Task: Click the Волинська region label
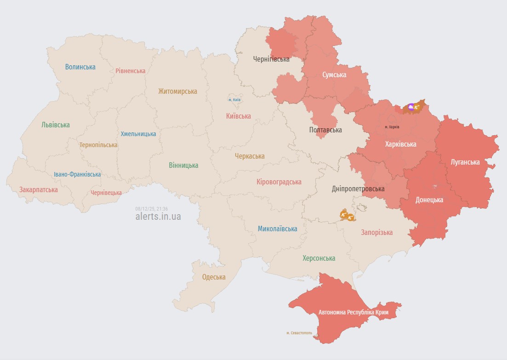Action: tap(80, 67)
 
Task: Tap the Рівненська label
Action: tap(131, 71)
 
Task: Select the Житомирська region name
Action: tap(177, 91)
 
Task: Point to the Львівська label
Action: tap(56, 125)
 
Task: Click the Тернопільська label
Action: tap(98, 145)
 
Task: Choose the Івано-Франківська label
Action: tap(77, 175)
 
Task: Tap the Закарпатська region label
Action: tap(39, 189)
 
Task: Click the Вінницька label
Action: tap(183, 166)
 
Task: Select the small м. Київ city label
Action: tap(234, 100)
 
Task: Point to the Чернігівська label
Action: tap(271, 59)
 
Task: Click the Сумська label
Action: tap(334, 75)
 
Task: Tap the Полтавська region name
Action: tap(325, 130)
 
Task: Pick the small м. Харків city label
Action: tap(392, 127)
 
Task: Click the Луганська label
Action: tap(465, 162)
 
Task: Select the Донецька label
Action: tap(429, 200)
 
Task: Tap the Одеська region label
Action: tap(214, 277)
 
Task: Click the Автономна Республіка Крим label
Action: tap(353, 313)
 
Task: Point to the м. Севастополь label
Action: tap(299, 333)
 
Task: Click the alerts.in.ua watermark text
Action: tap(158, 217)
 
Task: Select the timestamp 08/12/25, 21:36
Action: tap(152, 209)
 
